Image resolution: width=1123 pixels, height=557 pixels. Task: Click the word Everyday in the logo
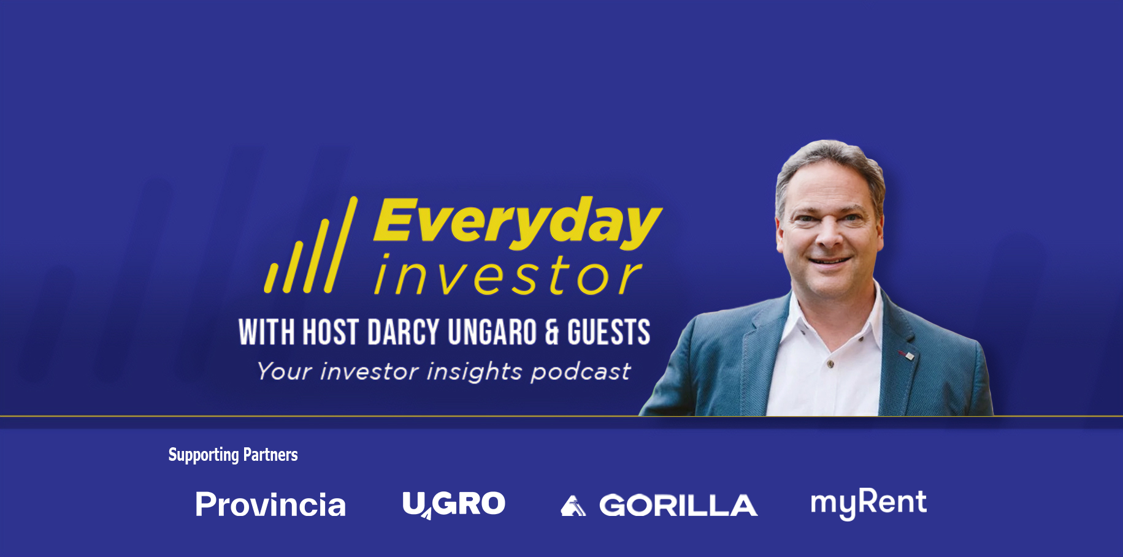[518, 223]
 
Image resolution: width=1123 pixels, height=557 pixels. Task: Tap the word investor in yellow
[508, 275]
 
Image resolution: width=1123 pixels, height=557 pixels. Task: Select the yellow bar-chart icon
[311, 245]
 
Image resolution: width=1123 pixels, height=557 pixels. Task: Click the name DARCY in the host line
[404, 332]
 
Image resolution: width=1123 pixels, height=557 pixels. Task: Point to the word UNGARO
[493, 332]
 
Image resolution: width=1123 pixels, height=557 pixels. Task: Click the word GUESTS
[608, 332]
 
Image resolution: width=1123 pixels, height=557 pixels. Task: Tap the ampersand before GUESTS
[552, 333]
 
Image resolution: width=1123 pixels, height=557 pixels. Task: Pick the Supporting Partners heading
[233, 455]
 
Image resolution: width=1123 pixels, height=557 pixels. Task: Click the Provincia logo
[270, 505]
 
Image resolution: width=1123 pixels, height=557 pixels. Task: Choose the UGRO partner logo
[454, 504]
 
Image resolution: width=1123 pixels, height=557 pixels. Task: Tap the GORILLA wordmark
[678, 506]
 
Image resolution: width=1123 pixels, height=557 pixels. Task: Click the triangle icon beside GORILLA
[573, 506]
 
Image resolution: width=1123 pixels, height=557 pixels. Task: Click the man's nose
[829, 236]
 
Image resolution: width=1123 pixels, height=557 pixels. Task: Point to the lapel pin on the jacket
[906, 355]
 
